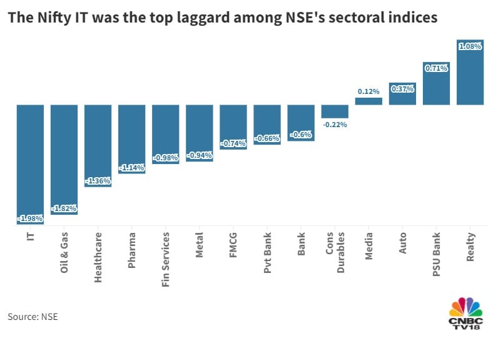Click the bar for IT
[30, 163]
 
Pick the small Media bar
[368, 101]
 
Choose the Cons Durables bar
[335, 111]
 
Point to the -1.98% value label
[30, 217]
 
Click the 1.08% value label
[470, 46]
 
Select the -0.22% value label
[335, 125]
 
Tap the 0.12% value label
[368, 91]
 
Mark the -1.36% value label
[98, 181]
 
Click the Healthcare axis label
[98, 257]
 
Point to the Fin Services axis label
[166, 259]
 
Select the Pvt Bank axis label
[267, 251]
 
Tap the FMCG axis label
[233, 246]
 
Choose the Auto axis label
[402, 241]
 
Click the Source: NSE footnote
[33, 317]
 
